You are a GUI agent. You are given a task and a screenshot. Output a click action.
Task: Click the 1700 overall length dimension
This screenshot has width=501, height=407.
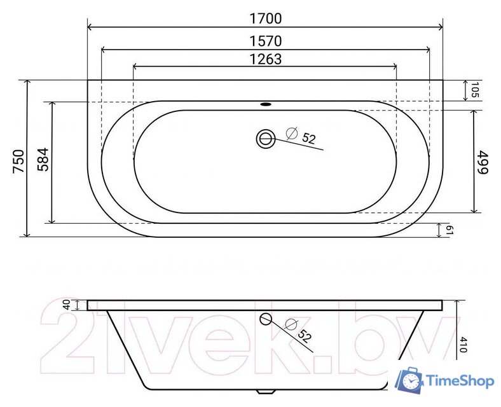265,18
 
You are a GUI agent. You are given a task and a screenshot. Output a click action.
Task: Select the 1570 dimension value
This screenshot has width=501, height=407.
265,41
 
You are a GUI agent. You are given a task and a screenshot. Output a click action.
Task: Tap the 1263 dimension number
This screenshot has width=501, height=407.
265,59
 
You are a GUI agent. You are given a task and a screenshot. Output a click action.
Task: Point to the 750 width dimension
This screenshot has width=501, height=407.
18,161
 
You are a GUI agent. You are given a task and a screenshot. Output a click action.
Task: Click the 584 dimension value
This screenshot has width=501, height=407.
43,160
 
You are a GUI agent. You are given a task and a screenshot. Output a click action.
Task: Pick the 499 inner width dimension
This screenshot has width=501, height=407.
483,163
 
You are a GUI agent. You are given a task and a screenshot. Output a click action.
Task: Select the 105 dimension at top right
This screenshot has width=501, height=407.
475,90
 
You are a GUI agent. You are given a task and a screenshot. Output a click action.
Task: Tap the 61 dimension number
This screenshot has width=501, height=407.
450,230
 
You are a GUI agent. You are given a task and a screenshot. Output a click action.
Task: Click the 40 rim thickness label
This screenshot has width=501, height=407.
67,305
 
